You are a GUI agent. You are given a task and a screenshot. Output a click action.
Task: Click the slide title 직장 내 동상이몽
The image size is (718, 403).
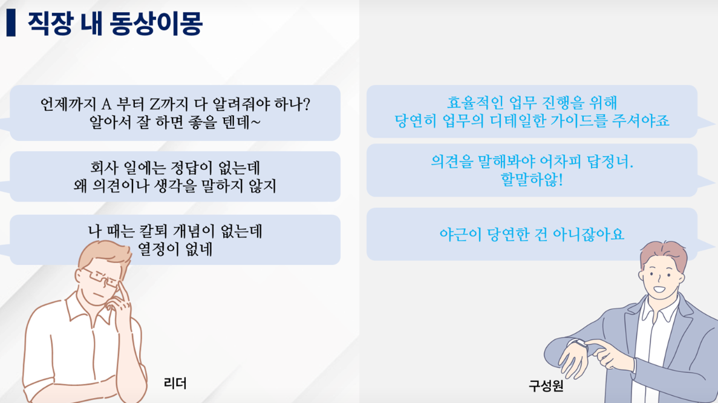115,23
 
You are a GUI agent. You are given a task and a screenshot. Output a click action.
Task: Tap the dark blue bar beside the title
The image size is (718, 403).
11,23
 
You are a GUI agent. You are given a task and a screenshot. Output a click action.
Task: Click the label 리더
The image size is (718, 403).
175,383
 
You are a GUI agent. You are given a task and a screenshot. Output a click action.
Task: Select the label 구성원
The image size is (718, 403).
546,385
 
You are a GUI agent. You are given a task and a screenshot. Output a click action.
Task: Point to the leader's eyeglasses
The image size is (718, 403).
100,278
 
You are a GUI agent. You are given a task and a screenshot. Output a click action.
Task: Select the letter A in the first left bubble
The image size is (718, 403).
106,105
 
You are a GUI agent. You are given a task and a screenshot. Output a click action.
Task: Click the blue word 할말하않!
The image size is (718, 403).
532,179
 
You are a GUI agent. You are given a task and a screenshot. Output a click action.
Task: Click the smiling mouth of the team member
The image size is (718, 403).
659,289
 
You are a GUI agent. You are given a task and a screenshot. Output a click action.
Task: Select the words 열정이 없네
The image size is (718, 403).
175,249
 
